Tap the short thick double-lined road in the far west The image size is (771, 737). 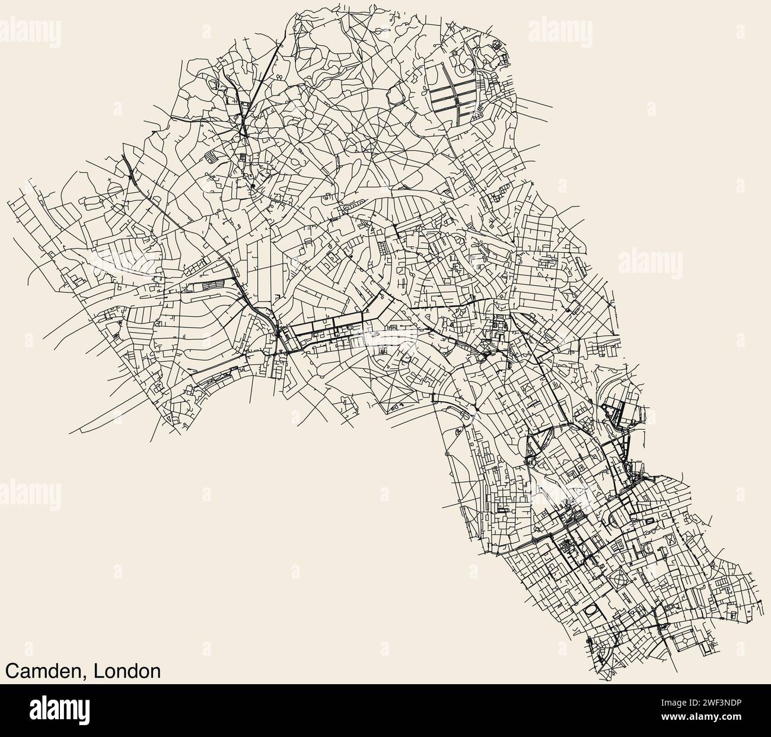click(127, 166)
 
